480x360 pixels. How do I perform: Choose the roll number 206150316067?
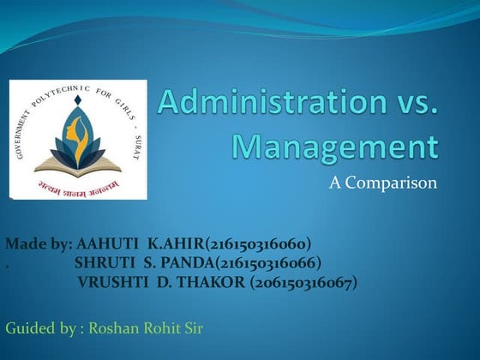point(303,281)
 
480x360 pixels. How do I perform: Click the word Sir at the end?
point(192,327)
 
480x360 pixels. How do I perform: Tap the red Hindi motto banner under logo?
point(79,183)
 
